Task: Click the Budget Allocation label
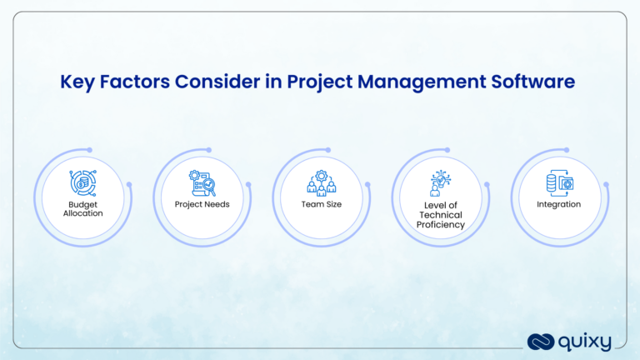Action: [x=82, y=207]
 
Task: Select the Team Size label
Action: [x=320, y=203]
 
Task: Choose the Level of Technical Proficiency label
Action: [x=441, y=214]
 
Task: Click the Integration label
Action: [x=559, y=203]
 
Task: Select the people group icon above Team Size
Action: [x=320, y=182]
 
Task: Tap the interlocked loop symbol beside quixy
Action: [x=539, y=341]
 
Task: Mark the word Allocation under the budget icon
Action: [x=82, y=213]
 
